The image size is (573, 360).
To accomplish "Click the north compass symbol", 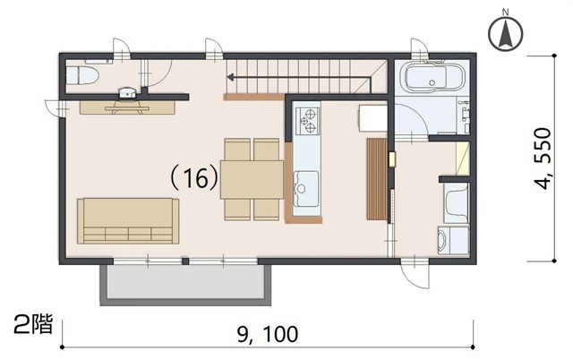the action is coord(505,32).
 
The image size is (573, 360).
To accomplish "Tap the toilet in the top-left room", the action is coord(83,76).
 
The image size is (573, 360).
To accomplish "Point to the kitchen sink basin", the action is coord(306,187).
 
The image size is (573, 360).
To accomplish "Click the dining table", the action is coord(252,179).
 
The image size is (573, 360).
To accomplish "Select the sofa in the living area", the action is coord(128,221).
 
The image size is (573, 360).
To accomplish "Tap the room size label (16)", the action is coord(194,179).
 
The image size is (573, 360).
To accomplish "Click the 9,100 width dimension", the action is coord(268,334).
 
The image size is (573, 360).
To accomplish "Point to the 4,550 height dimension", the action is coord(543,159).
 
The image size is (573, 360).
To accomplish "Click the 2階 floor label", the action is coord(33,324).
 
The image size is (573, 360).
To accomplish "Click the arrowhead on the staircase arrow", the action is coord(230,77).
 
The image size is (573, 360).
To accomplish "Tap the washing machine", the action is coord(453,240).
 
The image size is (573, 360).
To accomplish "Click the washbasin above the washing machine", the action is coord(456,203).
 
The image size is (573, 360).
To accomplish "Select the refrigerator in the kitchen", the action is coord(373,118).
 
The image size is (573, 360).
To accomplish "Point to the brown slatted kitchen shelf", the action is coord(377,179).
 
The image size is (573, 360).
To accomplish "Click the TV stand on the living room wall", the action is coord(127,107).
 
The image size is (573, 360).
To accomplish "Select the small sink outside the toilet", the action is coord(127,93).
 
